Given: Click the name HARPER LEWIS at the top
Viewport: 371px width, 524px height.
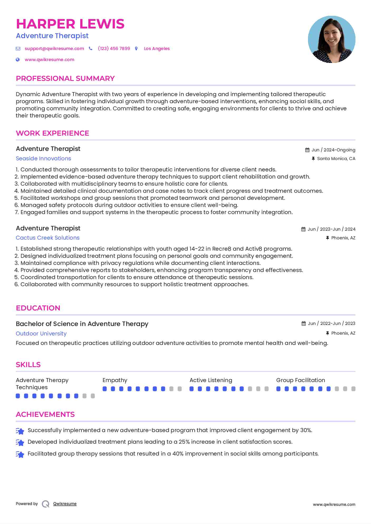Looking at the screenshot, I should (70, 24).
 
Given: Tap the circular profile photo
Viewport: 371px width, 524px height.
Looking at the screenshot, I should (331, 39).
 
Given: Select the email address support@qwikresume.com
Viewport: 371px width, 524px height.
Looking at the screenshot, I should (54, 48).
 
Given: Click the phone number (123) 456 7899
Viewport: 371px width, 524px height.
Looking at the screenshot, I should (114, 48).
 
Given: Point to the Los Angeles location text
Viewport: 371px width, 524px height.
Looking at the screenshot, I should (157, 48).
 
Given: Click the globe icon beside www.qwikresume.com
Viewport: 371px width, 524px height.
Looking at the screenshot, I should (18, 60).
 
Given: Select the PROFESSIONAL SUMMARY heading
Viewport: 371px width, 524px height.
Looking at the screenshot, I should (65, 78).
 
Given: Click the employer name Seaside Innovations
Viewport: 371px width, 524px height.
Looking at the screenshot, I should (44, 159).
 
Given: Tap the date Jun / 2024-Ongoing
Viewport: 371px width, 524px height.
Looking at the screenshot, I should (333, 150).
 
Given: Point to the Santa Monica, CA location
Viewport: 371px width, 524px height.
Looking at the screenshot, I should (336, 159).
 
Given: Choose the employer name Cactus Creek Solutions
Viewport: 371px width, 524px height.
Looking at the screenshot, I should (47, 238).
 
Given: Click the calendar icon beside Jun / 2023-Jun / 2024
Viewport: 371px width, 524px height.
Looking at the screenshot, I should (303, 229).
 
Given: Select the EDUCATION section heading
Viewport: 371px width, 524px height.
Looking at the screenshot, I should (38, 308).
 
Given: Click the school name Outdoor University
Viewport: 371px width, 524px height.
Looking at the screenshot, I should (41, 334).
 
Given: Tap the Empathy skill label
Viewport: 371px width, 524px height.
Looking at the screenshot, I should (115, 380).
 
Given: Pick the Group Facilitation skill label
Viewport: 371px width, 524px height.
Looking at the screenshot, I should (301, 380).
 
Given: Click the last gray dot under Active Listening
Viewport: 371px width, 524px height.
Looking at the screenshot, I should (267, 389).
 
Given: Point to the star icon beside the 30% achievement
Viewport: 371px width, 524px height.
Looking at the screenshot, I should (20, 431).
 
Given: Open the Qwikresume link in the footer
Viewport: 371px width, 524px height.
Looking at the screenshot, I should (65, 504).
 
